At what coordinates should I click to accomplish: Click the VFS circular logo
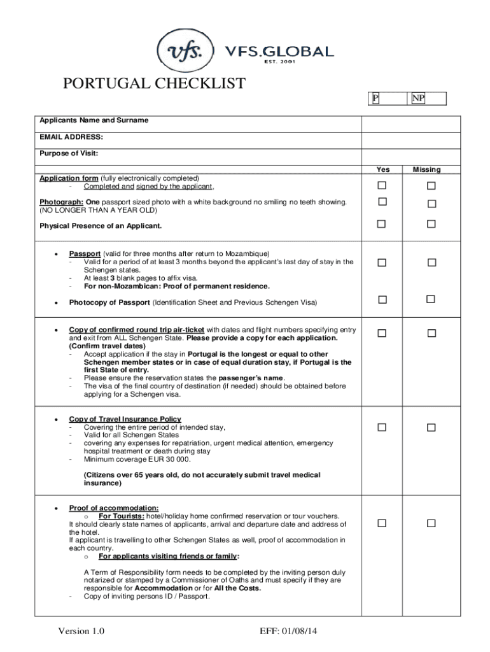coord(183,51)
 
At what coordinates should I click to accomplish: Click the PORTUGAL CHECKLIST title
coord(153,83)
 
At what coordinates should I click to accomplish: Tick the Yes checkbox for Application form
coord(382,185)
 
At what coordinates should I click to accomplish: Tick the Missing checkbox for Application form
coord(431,185)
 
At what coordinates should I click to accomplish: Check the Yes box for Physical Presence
coord(382,223)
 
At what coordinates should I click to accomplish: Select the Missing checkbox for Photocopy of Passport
coord(431,299)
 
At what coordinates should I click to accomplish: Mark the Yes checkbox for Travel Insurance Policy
coord(382,428)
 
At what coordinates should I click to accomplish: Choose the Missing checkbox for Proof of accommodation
coord(431,523)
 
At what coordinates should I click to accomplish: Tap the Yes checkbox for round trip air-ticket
coord(382,333)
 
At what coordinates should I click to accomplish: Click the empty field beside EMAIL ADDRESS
coord(419,140)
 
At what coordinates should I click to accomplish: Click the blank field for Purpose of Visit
coord(419,157)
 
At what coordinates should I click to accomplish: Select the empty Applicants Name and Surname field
coord(419,124)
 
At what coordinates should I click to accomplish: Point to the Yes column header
coord(382,169)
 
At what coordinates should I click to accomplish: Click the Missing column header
coord(426,169)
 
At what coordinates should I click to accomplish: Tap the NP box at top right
coord(418,98)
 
